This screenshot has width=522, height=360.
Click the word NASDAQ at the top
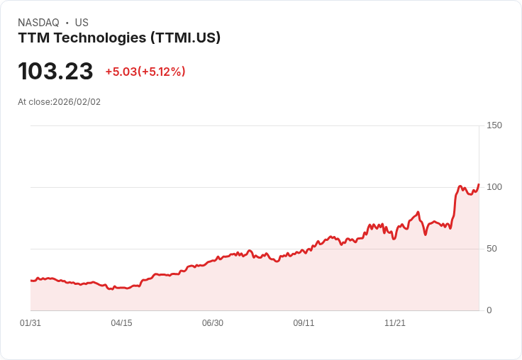38,23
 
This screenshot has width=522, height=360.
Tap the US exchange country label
82,23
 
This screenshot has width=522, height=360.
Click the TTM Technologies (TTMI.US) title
119,38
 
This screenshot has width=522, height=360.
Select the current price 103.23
55,71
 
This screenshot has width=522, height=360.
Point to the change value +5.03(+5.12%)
145,72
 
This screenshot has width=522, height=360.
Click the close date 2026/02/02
77,102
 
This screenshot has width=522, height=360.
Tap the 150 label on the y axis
494,125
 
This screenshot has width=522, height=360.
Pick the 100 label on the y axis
494,187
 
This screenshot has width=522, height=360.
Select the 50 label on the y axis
492,249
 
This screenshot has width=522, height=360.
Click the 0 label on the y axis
489,310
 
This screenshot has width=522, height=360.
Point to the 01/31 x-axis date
30,323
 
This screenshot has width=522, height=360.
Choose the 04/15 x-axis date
121,323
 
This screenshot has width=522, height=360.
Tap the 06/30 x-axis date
213,323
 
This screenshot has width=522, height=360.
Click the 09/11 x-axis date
304,323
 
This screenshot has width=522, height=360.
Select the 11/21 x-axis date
395,323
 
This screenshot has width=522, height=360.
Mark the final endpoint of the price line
479,184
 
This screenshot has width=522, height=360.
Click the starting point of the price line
30,281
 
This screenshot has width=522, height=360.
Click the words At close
34,102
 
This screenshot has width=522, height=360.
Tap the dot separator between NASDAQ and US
67,23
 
